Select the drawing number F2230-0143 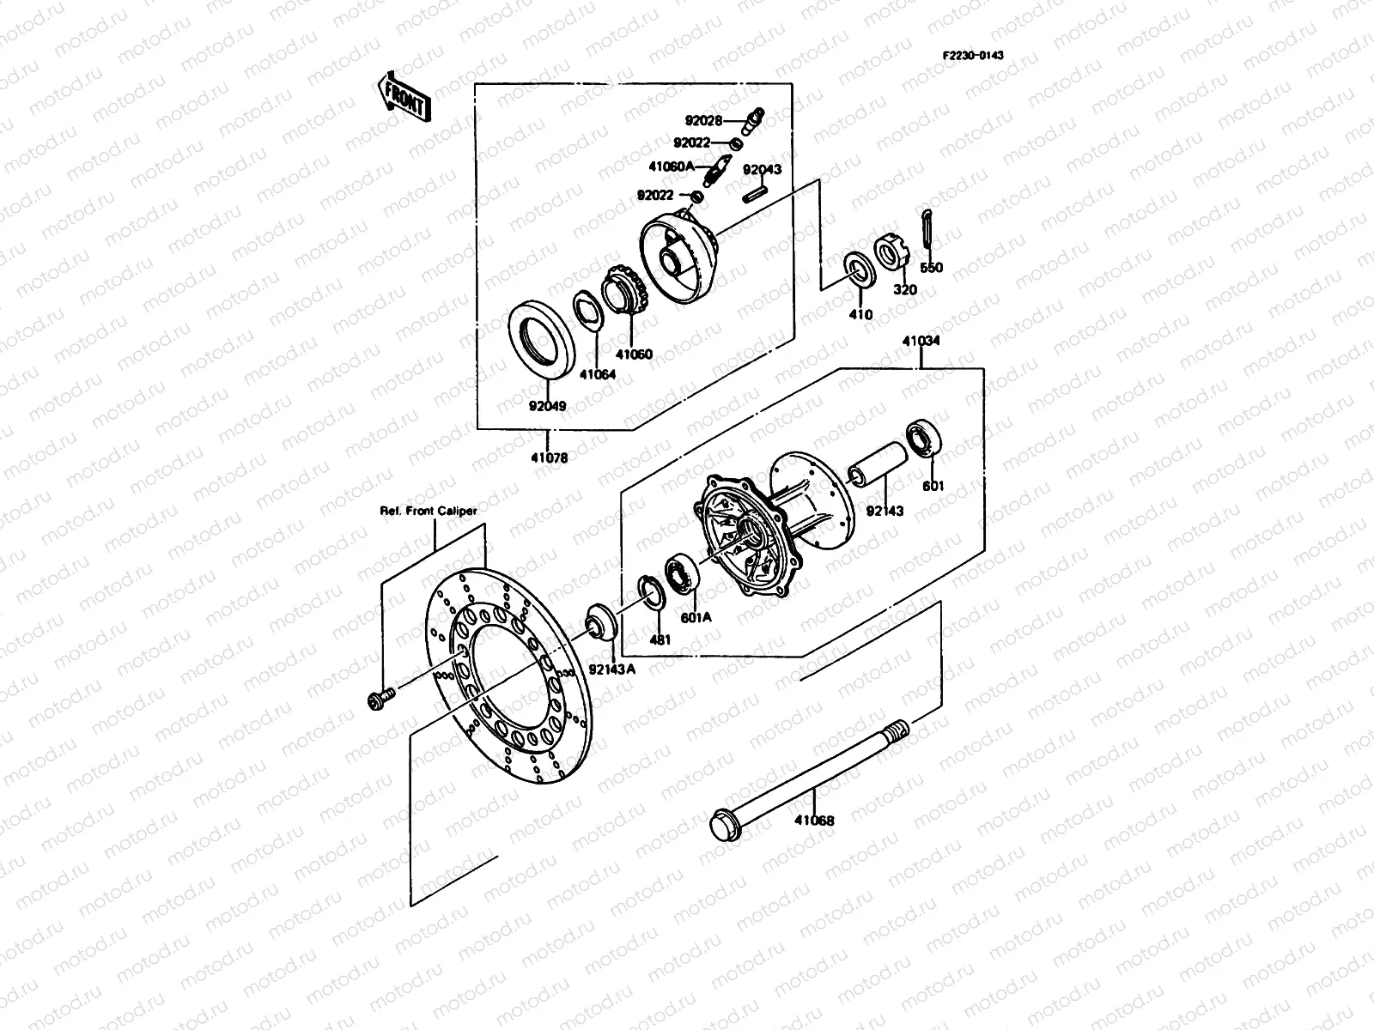click(x=973, y=55)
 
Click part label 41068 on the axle click(x=813, y=821)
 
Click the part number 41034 click(x=921, y=341)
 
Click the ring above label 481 click(x=652, y=595)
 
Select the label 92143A click(x=612, y=670)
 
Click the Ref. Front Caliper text click(x=429, y=511)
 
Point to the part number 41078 click(x=549, y=457)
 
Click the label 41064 click(x=597, y=374)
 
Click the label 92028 click(x=703, y=121)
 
